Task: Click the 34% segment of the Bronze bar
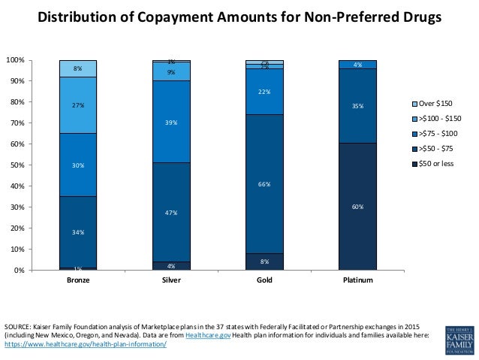point(77,232)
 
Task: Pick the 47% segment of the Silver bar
point(171,212)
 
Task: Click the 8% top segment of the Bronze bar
point(77,68)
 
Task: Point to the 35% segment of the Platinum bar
point(357,106)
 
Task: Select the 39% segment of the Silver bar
point(171,122)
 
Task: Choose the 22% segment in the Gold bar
point(264,92)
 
